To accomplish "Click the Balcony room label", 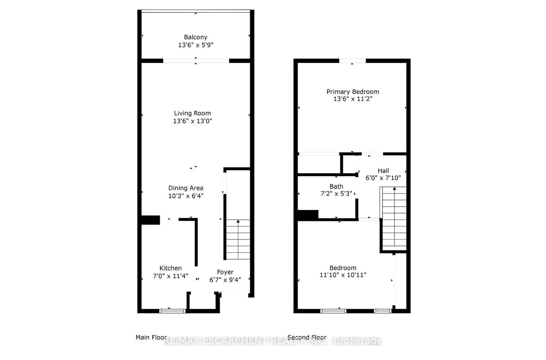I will click(196, 37).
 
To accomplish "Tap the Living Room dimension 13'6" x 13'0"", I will click(192, 121).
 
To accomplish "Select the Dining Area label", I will click(186, 188).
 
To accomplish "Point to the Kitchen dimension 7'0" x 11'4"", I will click(170, 276).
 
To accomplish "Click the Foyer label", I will click(225, 272).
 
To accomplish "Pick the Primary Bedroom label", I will click(353, 92).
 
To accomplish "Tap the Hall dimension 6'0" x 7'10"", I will click(383, 178).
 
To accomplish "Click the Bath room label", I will click(336, 186).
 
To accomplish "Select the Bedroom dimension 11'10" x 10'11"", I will click(343, 275).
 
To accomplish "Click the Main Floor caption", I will click(151, 337).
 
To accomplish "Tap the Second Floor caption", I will click(307, 337).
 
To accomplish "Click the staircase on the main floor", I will click(238, 239).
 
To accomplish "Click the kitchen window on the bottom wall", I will click(172, 311).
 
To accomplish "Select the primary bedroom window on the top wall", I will click(352, 61).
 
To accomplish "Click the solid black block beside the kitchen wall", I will click(150, 220).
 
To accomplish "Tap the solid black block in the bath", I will click(308, 215).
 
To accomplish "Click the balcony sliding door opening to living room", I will click(196, 61).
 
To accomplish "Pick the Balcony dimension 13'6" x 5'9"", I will click(196, 45).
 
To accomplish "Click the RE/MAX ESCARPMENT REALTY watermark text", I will click(273, 341).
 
